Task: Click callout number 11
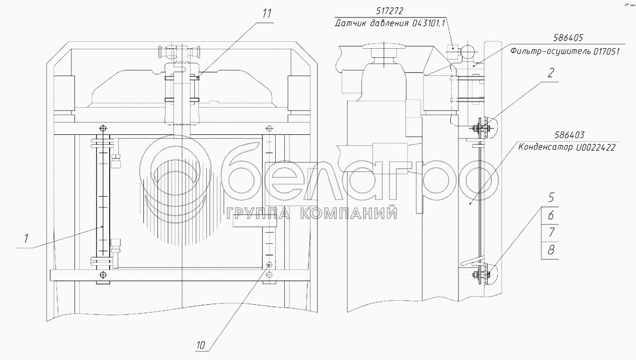[267, 14]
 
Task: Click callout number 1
[26, 239]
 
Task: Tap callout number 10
[200, 345]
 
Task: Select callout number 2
[550, 73]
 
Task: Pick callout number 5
[551, 197]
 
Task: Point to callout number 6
[551, 215]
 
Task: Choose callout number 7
[551, 232]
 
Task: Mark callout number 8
[551, 250]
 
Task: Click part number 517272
[389, 11]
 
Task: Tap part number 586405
[568, 38]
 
